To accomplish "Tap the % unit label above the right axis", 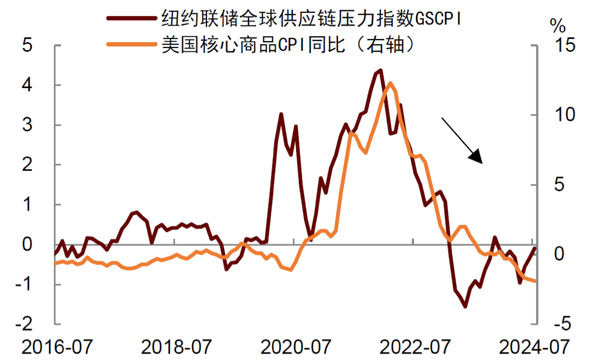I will tap(557, 24).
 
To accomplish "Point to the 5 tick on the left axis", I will tap(28, 45).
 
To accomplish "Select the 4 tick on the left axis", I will tap(28, 85).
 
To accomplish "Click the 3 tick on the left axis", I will tap(28, 125).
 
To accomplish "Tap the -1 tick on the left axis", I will tap(24, 284).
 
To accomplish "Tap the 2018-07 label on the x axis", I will tap(175, 346).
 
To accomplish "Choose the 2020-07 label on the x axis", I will tap(294, 346).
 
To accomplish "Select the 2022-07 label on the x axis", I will tap(413, 346).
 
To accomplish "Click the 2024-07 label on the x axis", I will tap(532, 346).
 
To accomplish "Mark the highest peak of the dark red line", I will tap(380, 70).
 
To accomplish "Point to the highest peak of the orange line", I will tap(390, 83).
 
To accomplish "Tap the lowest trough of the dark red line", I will tap(465, 306).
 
